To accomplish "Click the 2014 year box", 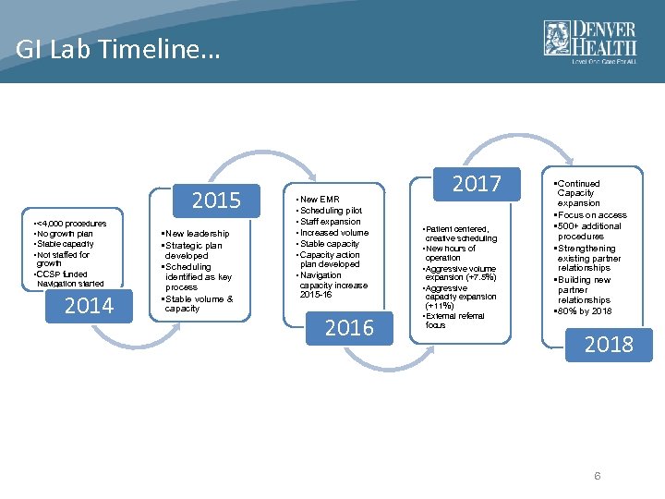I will click(x=89, y=306).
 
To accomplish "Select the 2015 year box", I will click(x=215, y=201).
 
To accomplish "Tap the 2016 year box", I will click(x=349, y=328).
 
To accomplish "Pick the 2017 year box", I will click(x=476, y=184).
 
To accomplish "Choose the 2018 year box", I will click(x=608, y=345).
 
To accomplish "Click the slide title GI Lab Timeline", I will click(x=118, y=49).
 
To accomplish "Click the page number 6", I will click(x=598, y=476).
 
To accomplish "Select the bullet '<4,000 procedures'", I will click(x=70, y=224).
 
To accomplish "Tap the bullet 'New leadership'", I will click(x=195, y=234).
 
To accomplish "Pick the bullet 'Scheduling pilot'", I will click(x=330, y=211).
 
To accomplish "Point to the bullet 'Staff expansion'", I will click(x=329, y=222).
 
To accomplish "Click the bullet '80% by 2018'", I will click(x=586, y=310).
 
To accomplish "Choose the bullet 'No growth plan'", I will click(x=64, y=234).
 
